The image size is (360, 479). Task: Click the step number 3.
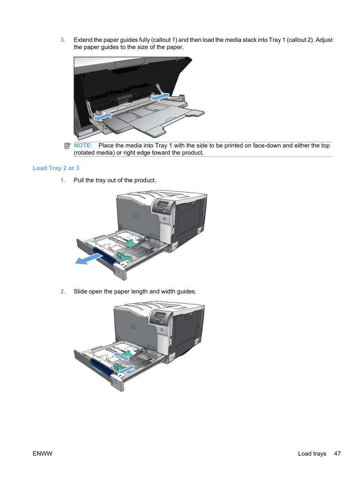coord(63,40)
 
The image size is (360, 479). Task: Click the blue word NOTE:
coord(83,146)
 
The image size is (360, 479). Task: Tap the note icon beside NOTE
coord(67,146)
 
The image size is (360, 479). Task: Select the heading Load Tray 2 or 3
coord(56,168)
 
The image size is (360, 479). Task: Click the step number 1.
coord(63,180)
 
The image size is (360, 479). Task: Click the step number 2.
coord(63,292)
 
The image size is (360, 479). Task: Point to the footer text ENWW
coord(42,454)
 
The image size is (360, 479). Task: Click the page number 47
coord(337,454)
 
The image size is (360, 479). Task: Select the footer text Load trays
coord(312,454)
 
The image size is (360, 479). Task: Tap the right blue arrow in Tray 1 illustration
coord(160,97)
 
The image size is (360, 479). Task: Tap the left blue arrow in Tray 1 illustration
coord(103,117)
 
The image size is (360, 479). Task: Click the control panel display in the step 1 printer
coord(163,204)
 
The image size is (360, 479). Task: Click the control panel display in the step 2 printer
coord(161,315)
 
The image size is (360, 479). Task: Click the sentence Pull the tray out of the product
coord(115,180)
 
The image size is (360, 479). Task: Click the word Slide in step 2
coord(80,292)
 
